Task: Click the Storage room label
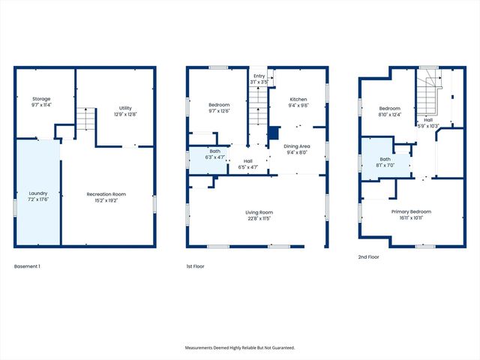[40, 102]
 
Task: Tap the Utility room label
[124, 111]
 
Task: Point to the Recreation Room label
[105, 197]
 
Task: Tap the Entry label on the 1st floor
[259, 79]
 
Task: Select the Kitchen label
[298, 102]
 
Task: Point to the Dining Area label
[297, 149]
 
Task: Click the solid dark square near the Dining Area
[274, 133]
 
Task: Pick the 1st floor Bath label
[214, 154]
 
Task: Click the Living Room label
[259, 215]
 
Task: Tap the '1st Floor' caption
[195, 266]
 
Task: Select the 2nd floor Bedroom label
[390, 112]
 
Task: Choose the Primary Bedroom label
[410, 214]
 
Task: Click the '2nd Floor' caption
[368, 256]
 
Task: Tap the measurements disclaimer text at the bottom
[240, 348]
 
